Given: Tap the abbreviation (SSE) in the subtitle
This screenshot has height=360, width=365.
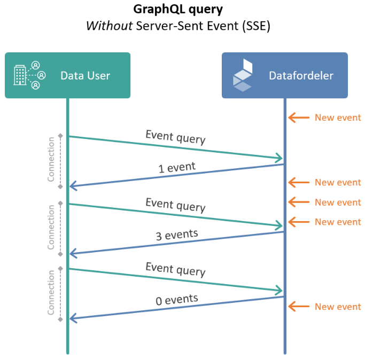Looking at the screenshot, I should pyautogui.click(x=255, y=26).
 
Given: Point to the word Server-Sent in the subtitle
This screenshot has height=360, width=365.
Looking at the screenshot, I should pyautogui.click(x=162, y=26).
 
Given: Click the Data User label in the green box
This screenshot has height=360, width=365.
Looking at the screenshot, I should pyautogui.click(x=85, y=75).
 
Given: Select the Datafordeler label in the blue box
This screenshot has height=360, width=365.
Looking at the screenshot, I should pyautogui.click(x=301, y=75).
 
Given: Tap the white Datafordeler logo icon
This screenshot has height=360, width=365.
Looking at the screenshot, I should pyautogui.click(x=242, y=75).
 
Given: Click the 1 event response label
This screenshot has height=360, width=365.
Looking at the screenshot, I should pyautogui.click(x=177, y=168).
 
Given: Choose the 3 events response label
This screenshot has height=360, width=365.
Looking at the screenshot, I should pyautogui.click(x=177, y=234).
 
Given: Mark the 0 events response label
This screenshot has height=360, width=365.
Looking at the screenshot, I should pyautogui.click(x=177, y=300).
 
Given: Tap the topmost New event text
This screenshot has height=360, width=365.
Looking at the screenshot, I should pyautogui.click(x=338, y=118).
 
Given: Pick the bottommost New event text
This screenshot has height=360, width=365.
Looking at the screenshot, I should pyautogui.click(x=338, y=307).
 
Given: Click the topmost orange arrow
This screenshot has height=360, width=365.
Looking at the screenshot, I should pyautogui.click(x=298, y=118).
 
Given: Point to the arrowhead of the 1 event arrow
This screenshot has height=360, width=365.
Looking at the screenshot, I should pyautogui.click(x=74, y=186).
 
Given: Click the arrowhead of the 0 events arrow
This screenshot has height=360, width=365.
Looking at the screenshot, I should pyautogui.click(x=74, y=319).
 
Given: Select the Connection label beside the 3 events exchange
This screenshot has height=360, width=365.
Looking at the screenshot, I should pyautogui.click(x=51, y=228).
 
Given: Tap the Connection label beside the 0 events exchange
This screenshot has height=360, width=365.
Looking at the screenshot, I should pyautogui.click(x=51, y=293).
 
